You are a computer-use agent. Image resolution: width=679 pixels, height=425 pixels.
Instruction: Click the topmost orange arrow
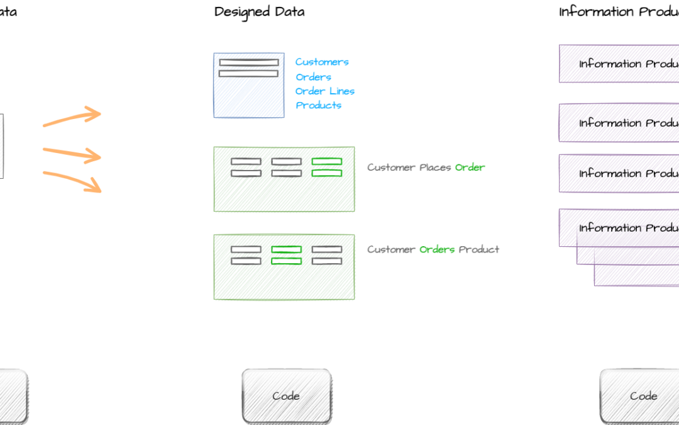[x=72, y=118]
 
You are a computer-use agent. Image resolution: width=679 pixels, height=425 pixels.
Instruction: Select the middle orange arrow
[x=72, y=153]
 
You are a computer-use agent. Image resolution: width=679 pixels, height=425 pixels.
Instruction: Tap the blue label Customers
[x=322, y=62]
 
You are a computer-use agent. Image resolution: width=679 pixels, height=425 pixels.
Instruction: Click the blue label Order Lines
[x=325, y=91]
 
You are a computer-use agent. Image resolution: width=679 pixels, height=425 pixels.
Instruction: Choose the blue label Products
[x=318, y=106]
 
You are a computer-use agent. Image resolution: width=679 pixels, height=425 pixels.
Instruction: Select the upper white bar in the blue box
[x=248, y=63]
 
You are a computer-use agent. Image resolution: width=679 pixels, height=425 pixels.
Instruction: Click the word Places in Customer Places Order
[x=435, y=167]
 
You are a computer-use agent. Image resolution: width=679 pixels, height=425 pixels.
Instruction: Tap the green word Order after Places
[x=470, y=167]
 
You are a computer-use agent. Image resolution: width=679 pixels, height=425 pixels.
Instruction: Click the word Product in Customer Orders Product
[x=479, y=249]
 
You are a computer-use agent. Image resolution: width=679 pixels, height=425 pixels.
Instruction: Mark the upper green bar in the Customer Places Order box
[x=327, y=162]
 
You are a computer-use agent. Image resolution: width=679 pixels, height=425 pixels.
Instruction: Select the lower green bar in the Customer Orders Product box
[x=286, y=261]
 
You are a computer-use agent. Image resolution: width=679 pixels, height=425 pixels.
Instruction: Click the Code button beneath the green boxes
[x=286, y=395]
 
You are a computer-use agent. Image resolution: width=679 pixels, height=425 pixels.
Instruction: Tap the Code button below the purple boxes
[x=643, y=395]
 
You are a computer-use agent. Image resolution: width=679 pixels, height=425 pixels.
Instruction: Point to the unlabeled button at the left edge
[x=13, y=395]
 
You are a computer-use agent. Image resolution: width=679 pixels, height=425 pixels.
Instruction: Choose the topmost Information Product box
[x=619, y=64]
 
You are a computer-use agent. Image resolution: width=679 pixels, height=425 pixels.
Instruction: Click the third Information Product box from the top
[x=619, y=173]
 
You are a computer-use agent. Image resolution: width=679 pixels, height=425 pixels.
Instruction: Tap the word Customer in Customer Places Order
[x=390, y=167]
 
